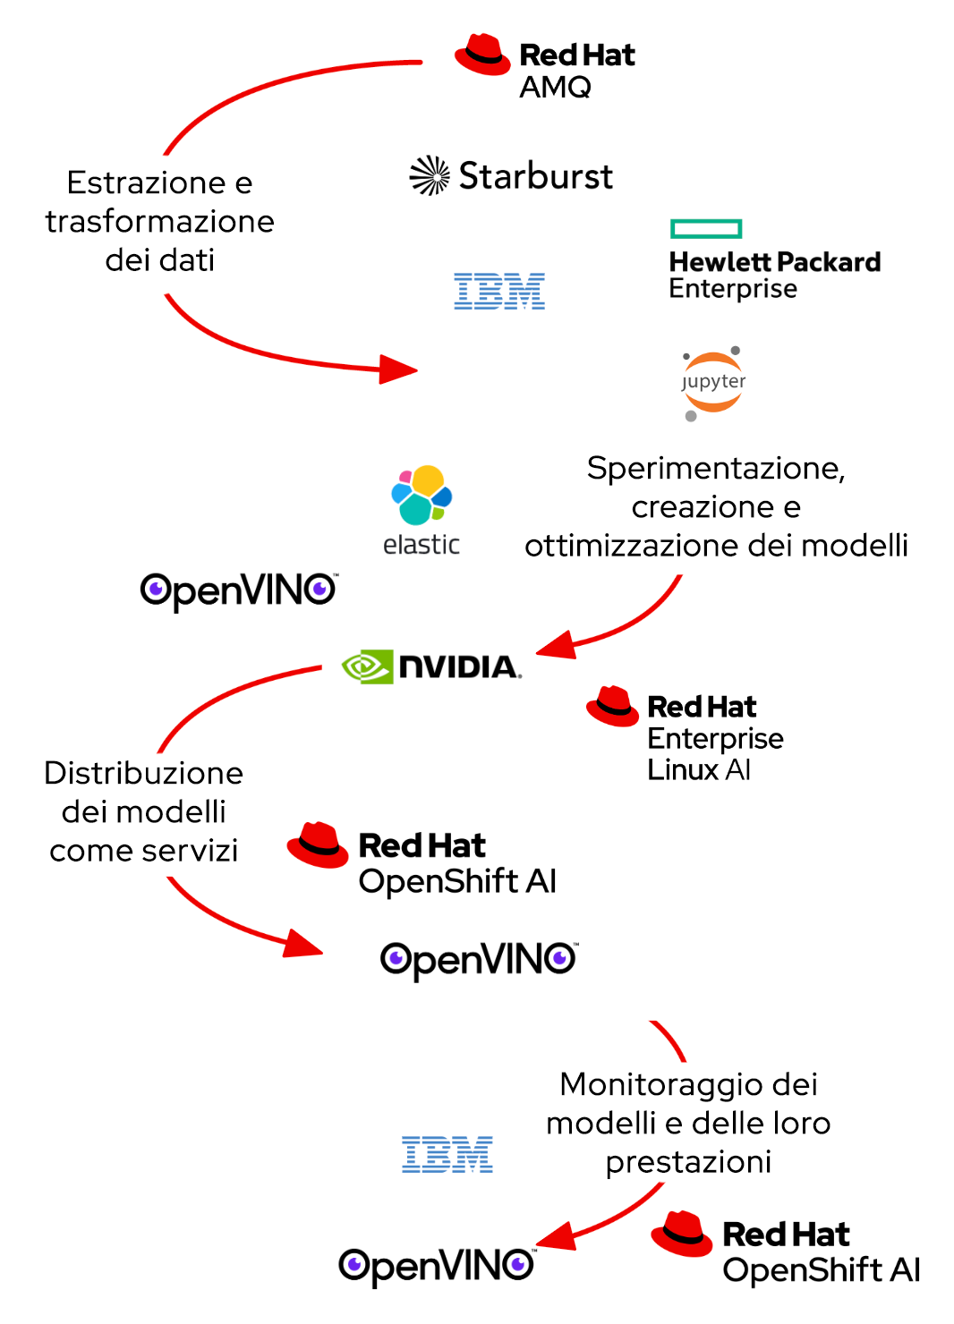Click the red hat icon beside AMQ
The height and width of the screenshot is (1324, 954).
pyautogui.click(x=482, y=55)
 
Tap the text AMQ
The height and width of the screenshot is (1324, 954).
pyautogui.click(x=555, y=87)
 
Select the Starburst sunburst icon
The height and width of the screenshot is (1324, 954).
pyautogui.click(x=430, y=175)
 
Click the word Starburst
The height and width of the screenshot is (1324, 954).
pyautogui.click(x=535, y=176)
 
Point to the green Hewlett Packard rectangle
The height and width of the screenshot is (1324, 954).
pyautogui.click(x=706, y=229)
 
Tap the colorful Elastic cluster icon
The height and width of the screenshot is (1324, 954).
pyautogui.click(x=422, y=495)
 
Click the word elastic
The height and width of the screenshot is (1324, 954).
pyautogui.click(x=421, y=544)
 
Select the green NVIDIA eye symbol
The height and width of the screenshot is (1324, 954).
pyautogui.click(x=367, y=666)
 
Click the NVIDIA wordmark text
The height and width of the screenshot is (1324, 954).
pyautogui.click(x=458, y=667)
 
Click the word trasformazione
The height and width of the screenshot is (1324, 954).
pyautogui.click(x=159, y=221)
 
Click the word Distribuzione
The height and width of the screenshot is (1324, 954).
pyautogui.click(x=143, y=773)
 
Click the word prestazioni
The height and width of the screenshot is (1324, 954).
pyautogui.click(x=687, y=1161)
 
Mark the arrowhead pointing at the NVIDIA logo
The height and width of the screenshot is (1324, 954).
pyautogui.click(x=555, y=645)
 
